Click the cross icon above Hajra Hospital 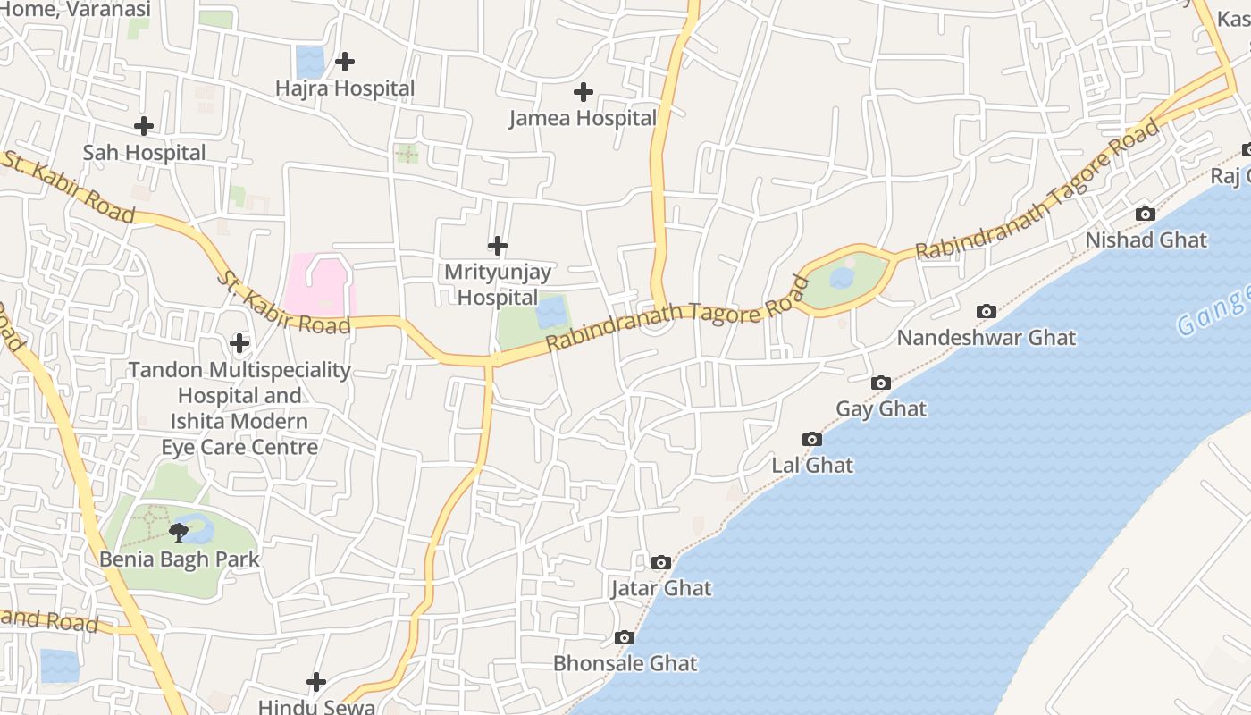pyautogui.click(x=345, y=62)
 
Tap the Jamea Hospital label pyautogui.click(x=583, y=118)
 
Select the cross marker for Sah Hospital pyautogui.click(x=143, y=126)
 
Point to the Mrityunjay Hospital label pyautogui.click(x=498, y=283)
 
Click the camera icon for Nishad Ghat pyautogui.click(x=1145, y=214)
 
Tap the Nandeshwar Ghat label pyautogui.click(x=987, y=338)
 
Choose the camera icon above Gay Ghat pyautogui.click(x=881, y=383)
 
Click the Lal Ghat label pyautogui.click(x=812, y=465)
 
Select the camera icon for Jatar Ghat pyautogui.click(x=661, y=562)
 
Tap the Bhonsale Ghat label pyautogui.click(x=625, y=663)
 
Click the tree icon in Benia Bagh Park pyautogui.click(x=179, y=533)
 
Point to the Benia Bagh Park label pyautogui.click(x=180, y=559)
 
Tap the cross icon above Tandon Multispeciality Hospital pyautogui.click(x=239, y=342)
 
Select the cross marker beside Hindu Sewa pyautogui.click(x=316, y=682)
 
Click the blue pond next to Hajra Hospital pyautogui.click(x=310, y=62)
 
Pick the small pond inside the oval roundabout pyautogui.click(x=842, y=278)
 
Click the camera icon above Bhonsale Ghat pyautogui.click(x=625, y=637)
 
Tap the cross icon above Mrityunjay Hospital pyautogui.click(x=498, y=245)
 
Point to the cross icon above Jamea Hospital pyautogui.click(x=584, y=91)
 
